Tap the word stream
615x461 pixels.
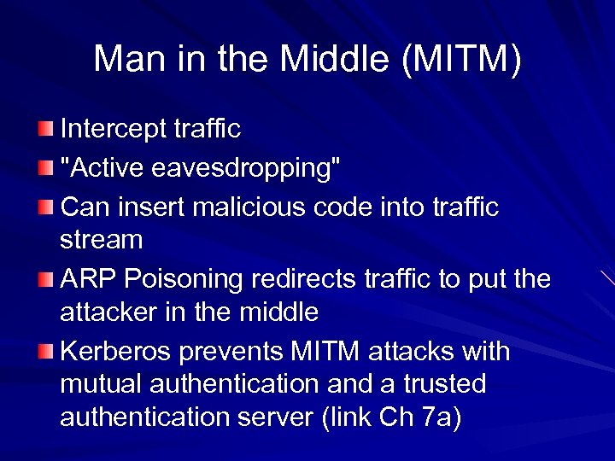click(101, 241)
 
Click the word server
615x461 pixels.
click(283, 418)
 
